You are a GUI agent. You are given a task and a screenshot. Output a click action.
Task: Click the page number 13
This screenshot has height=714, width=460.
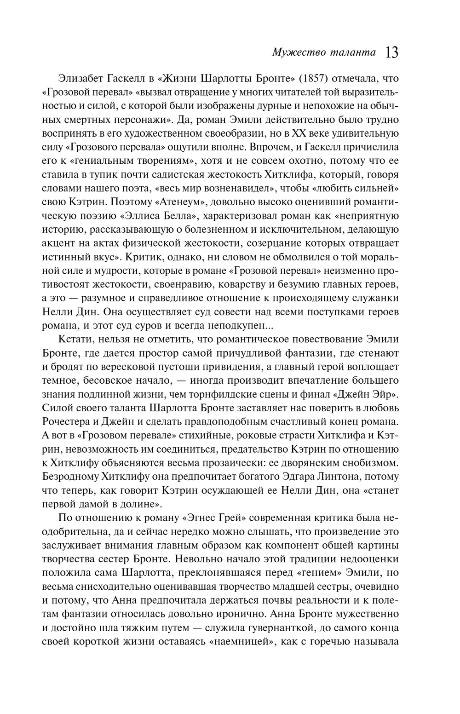(391, 52)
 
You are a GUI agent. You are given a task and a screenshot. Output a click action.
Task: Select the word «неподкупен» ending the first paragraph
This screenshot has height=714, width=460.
(240, 326)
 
